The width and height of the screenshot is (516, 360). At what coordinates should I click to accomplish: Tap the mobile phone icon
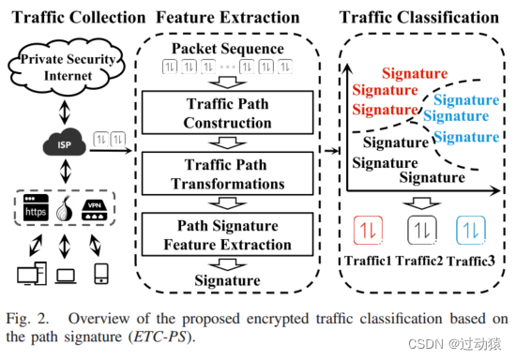[99, 274]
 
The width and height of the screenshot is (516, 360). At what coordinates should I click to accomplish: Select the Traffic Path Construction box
[230, 114]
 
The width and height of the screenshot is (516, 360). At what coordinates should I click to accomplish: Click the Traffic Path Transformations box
[230, 174]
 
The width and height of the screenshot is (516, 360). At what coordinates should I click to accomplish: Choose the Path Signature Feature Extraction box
[230, 234]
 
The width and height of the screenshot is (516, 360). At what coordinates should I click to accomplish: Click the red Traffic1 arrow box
[365, 229]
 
